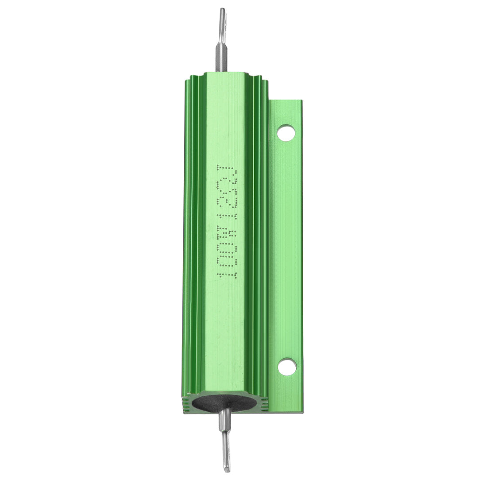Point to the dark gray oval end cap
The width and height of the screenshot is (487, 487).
point(226,403)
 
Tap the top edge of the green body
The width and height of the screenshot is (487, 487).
point(226,73)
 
